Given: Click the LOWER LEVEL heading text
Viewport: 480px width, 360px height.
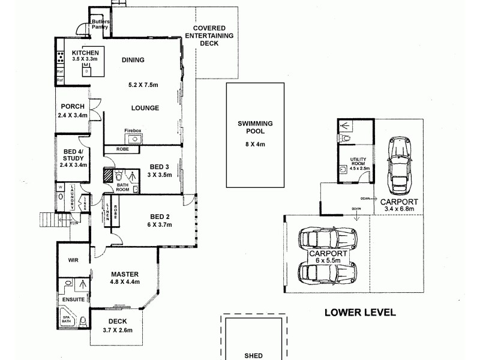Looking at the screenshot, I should (x=359, y=312).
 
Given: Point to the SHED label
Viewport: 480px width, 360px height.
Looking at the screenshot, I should (x=253, y=355).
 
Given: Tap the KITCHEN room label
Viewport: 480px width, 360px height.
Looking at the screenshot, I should (x=80, y=53).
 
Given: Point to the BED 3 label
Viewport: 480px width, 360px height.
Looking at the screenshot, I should (x=160, y=166).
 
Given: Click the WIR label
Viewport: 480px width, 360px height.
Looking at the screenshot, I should (x=74, y=260).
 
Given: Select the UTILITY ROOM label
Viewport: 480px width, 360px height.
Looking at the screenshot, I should (x=359, y=161).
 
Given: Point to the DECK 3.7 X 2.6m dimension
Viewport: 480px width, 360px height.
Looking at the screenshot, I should (x=118, y=330).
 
